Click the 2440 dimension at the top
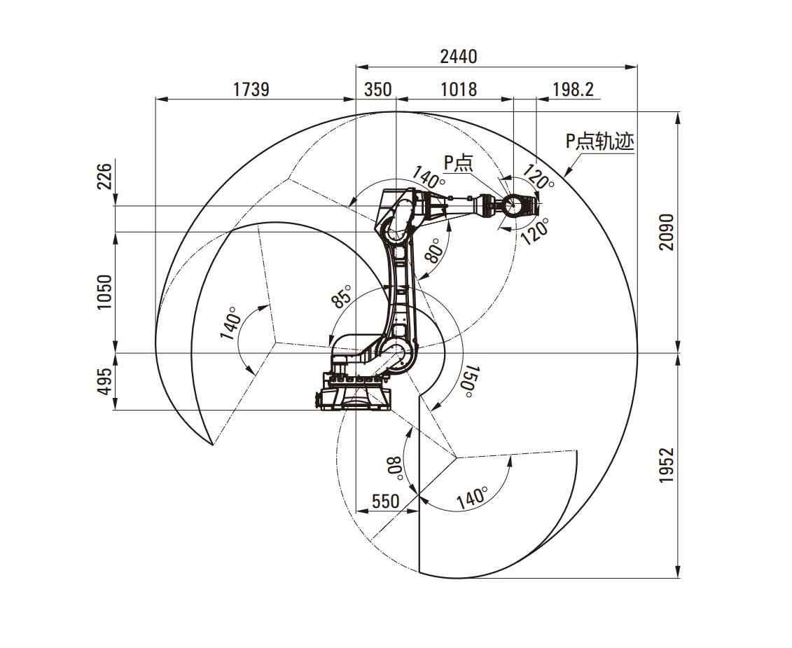(x=458, y=57)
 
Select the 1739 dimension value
(x=251, y=90)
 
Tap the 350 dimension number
(x=378, y=90)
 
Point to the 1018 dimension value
(x=459, y=90)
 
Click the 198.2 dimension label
(x=574, y=90)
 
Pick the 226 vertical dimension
(x=104, y=176)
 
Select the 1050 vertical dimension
(x=104, y=292)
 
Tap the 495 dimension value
(x=104, y=381)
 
